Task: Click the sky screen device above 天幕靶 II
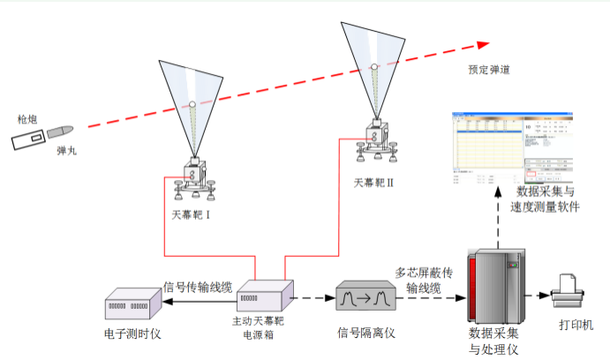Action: point(375,141)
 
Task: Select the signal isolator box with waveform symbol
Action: point(363,299)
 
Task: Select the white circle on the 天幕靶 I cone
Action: point(192,108)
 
